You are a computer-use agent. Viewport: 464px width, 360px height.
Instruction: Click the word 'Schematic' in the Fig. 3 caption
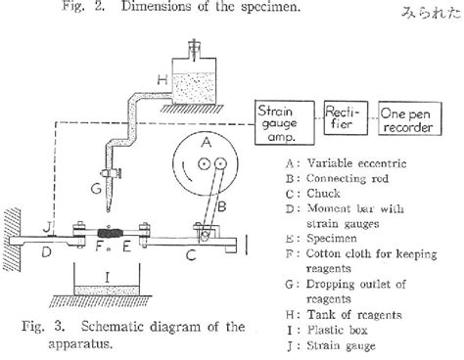(117, 327)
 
